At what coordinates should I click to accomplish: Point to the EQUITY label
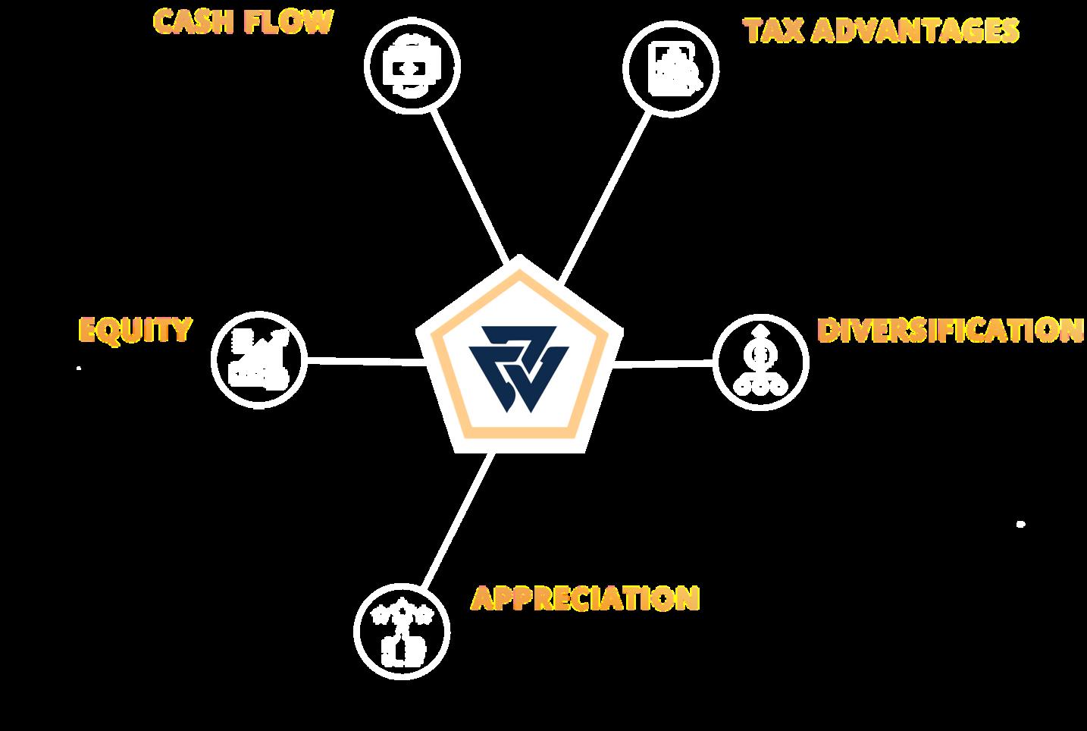tap(135, 330)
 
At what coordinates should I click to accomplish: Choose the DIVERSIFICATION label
tap(951, 331)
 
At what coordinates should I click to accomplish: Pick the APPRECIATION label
tap(584, 598)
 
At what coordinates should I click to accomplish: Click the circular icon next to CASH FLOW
tap(412, 67)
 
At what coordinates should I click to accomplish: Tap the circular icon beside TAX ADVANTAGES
tap(671, 69)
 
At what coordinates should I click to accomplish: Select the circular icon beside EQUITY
tap(258, 358)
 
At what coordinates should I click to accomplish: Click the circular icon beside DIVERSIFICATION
tap(760, 362)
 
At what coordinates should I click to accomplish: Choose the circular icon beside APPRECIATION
tap(402, 630)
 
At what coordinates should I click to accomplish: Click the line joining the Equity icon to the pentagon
tap(364, 362)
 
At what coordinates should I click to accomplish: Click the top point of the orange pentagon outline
tap(519, 269)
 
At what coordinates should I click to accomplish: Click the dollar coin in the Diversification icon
tap(760, 353)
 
